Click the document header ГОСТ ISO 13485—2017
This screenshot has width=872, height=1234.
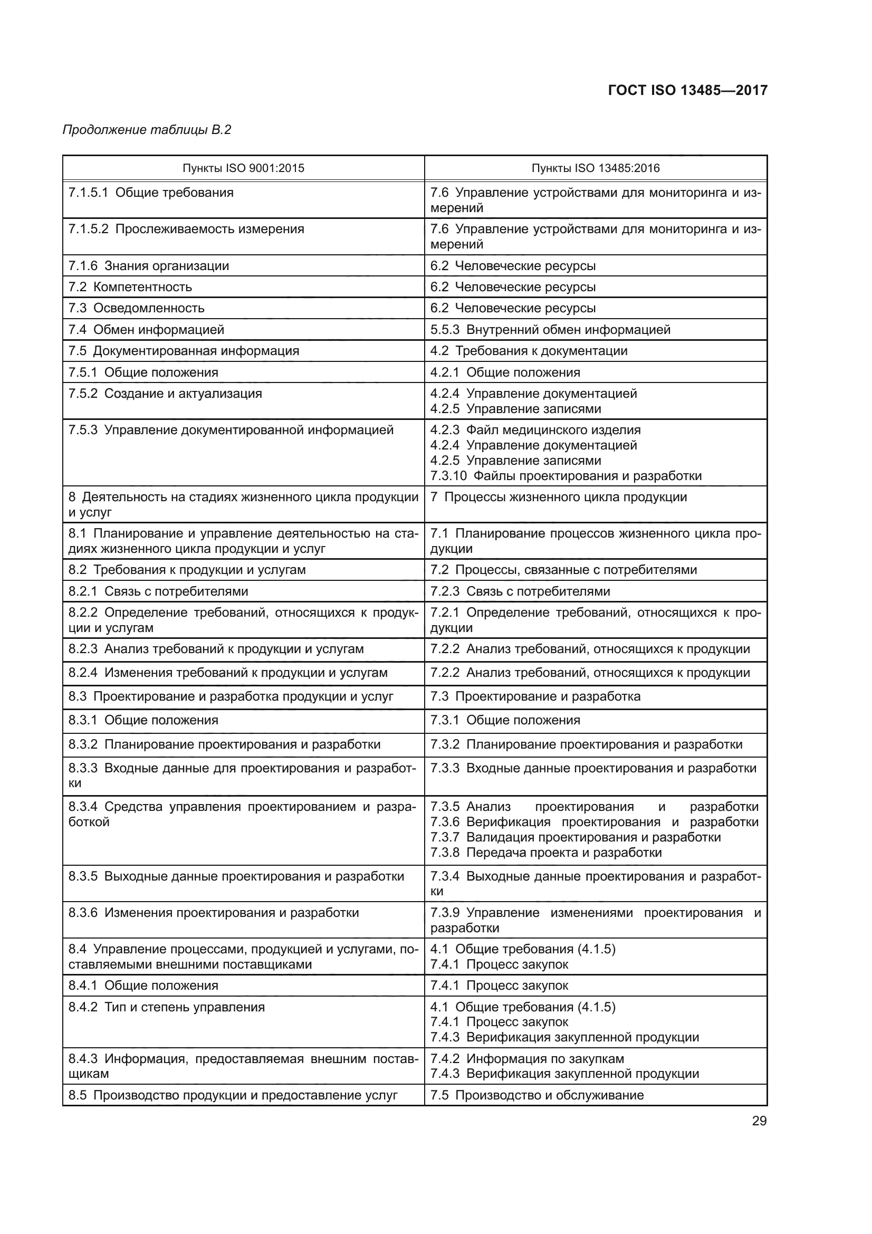687,90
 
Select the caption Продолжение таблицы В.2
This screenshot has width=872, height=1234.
147,130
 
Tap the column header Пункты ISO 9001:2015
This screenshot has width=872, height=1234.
243,168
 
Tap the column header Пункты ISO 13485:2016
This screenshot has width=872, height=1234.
595,168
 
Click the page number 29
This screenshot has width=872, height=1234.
759,1121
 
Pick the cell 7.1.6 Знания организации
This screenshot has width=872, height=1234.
149,265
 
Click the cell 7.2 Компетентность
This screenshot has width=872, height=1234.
130,287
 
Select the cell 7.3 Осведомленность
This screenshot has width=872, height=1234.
137,308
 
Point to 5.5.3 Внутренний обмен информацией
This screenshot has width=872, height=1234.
550,329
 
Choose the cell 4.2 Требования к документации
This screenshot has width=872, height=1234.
529,351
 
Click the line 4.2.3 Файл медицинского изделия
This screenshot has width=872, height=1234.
535,430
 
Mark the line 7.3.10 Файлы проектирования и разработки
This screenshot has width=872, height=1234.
566,476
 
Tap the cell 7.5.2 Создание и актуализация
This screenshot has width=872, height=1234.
166,394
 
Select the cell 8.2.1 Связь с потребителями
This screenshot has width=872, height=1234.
158,591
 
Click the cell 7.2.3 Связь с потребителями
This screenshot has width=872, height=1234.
520,591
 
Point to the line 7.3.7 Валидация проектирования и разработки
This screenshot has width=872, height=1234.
576,837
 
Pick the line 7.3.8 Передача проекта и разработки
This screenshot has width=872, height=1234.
546,853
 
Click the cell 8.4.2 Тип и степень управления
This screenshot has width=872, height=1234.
167,1007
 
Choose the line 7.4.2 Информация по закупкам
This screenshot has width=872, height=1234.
527,1058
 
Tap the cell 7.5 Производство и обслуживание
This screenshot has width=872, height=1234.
536,1095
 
